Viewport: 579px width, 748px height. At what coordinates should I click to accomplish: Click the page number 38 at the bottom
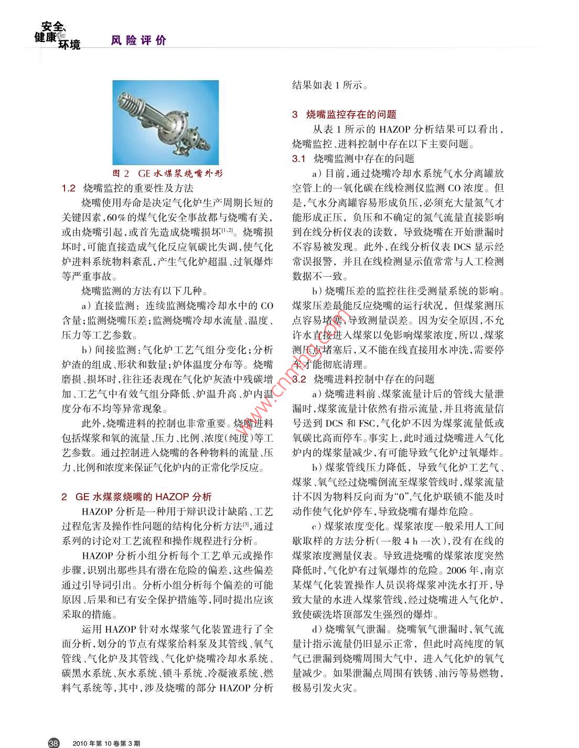(x=53, y=742)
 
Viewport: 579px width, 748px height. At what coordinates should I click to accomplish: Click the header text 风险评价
(x=138, y=40)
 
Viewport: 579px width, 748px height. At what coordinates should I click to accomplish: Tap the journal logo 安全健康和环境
(x=58, y=35)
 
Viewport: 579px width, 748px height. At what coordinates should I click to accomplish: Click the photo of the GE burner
(x=166, y=123)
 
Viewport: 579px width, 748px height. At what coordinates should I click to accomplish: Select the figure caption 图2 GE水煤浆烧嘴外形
(x=171, y=174)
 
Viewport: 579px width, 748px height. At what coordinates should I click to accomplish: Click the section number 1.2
(x=69, y=188)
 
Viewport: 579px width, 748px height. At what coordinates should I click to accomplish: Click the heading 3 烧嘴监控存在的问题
(x=344, y=114)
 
